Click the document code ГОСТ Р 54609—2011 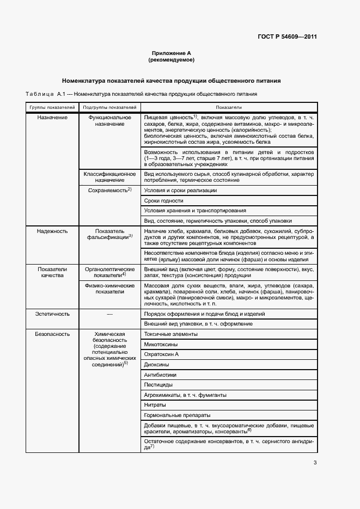click(x=286, y=37)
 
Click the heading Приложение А click(x=172, y=53)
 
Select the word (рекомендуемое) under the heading click(x=172, y=60)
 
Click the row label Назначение click(x=52, y=118)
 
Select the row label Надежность click(x=52, y=231)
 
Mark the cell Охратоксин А click(x=162, y=354)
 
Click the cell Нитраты click(x=156, y=405)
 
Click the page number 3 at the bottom click(x=315, y=463)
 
